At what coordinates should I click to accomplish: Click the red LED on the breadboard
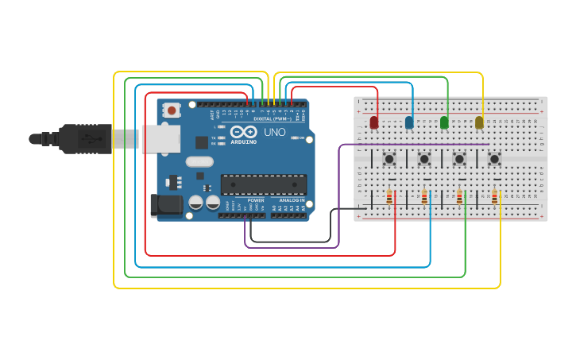click(x=374, y=122)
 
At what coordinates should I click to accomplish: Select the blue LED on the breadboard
click(x=409, y=122)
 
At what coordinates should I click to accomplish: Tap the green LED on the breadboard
click(x=444, y=122)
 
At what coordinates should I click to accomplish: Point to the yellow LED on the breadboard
click(x=479, y=122)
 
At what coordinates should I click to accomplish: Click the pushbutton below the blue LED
click(x=424, y=159)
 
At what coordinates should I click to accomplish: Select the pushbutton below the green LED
click(x=459, y=159)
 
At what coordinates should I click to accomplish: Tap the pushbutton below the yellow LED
click(x=494, y=159)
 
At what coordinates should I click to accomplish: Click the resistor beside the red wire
click(x=389, y=196)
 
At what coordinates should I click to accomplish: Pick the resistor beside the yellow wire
click(x=494, y=196)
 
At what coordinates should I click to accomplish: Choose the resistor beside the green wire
click(x=459, y=196)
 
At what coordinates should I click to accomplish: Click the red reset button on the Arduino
click(x=172, y=110)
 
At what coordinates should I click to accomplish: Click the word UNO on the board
click(x=274, y=132)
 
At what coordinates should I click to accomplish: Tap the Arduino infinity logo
click(x=243, y=131)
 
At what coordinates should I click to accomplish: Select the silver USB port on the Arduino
click(x=159, y=138)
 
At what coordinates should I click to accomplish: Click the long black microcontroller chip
click(x=264, y=184)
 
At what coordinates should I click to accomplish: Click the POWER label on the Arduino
click(x=256, y=200)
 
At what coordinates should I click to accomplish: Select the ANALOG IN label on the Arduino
click(x=292, y=200)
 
